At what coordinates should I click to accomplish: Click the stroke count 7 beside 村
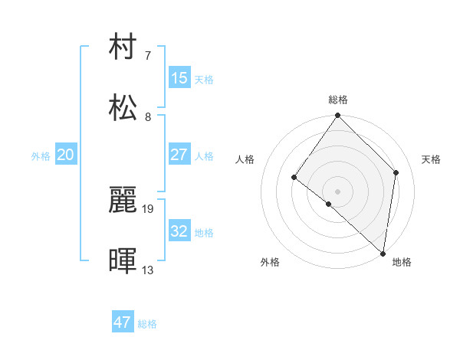coord(148,56)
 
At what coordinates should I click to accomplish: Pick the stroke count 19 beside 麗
coord(149,208)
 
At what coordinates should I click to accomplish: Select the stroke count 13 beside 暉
coord(148,270)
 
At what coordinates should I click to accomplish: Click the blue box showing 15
coord(179,78)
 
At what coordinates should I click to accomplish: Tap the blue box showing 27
coord(179,155)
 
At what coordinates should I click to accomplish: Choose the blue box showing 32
coord(179,231)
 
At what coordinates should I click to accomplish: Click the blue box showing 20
coord(66,155)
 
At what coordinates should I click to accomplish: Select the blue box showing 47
coord(123,322)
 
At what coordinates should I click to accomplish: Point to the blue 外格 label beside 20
coord(41,156)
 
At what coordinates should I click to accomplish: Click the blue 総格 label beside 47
coord(147,324)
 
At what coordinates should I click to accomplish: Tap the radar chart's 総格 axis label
coord(338,100)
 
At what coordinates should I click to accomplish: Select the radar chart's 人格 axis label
coord(245,159)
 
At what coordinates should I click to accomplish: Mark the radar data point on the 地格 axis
coord(383,253)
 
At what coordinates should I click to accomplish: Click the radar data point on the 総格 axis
coord(338,116)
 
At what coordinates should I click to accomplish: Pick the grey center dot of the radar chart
coord(338,191)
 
